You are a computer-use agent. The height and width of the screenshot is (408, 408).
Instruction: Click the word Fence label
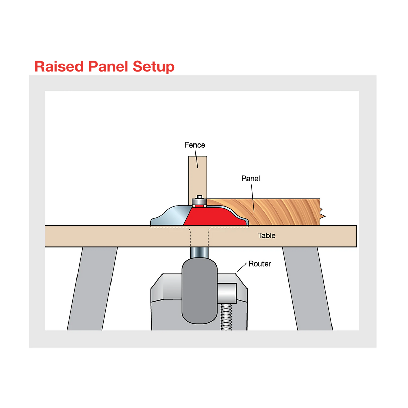tap(195, 145)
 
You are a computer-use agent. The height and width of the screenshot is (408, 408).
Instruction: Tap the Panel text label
tap(251, 178)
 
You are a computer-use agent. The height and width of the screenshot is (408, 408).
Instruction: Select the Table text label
tap(267, 235)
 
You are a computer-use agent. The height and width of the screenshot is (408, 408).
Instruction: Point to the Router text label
tap(260, 264)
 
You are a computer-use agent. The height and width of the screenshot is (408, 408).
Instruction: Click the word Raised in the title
tap(59, 66)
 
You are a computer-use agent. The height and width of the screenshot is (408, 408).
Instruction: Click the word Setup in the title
tap(153, 67)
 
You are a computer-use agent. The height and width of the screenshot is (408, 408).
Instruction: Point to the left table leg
tap(92, 289)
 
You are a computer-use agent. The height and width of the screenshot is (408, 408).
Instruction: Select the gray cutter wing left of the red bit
tap(170, 216)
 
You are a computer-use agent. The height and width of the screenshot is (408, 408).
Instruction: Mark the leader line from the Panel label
tap(253, 197)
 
